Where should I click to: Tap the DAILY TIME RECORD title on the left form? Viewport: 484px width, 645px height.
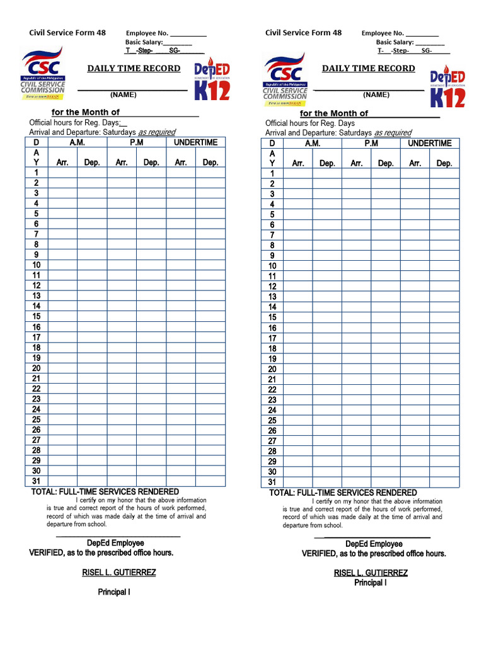pyautogui.click(x=134, y=68)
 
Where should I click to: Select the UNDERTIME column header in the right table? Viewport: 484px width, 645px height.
pyautogui.click(x=430, y=143)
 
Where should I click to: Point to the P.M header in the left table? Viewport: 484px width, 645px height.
pyautogui.click(x=136, y=142)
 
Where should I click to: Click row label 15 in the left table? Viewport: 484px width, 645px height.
pyautogui.click(x=37, y=316)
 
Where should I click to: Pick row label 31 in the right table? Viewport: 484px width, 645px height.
pyautogui.click(x=272, y=482)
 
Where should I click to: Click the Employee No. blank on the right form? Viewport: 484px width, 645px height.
pyautogui.click(x=422, y=33)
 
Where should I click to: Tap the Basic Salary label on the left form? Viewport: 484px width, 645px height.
pyautogui.click(x=144, y=42)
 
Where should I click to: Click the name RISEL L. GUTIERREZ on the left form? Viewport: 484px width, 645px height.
pyautogui.click(x=119, y=573)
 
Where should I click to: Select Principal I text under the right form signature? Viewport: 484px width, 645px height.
pyautogui.click(x=371, y=583)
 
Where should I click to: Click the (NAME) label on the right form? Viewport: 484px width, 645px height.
pyautogui.click(x=376, y=94)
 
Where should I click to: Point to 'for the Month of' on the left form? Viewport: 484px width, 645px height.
pyautogui.click(x=86, y=112)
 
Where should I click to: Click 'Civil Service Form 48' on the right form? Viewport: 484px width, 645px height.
pyautogui.click(x=303, y=33)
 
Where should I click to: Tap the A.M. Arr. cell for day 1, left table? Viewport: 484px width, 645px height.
pyautogui.click(x=62, y=173)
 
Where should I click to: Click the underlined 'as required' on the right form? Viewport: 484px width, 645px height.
pyautogui.click(x=392, y=133)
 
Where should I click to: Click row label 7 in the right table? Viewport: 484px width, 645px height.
pyautogui.click(x=272, y=235)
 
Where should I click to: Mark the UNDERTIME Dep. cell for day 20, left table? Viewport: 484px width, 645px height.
pyautogui.click(x=210, y=368)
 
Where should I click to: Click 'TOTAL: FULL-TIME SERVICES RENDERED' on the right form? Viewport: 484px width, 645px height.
pyautogui.click(x=343, y=493)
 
